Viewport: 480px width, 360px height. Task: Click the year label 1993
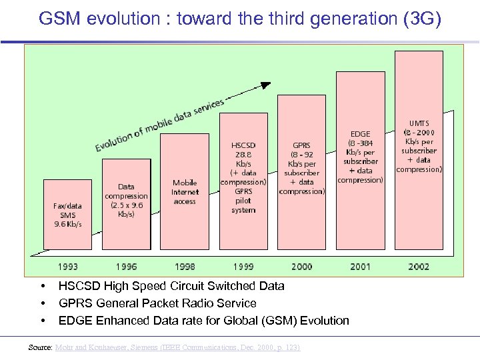pos(67,267)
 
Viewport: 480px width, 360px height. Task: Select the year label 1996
pos(126,267)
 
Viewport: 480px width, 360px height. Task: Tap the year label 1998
pos(185,267)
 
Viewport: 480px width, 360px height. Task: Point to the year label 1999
pos(243,267)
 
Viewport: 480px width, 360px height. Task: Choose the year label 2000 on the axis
pos(301,267)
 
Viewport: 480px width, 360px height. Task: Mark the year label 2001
pos(360,267)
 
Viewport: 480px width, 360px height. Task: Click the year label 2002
pos(419,267)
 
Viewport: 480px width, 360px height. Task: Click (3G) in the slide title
pos(423,19)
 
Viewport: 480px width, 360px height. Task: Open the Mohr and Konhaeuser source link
pos(177,347)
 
